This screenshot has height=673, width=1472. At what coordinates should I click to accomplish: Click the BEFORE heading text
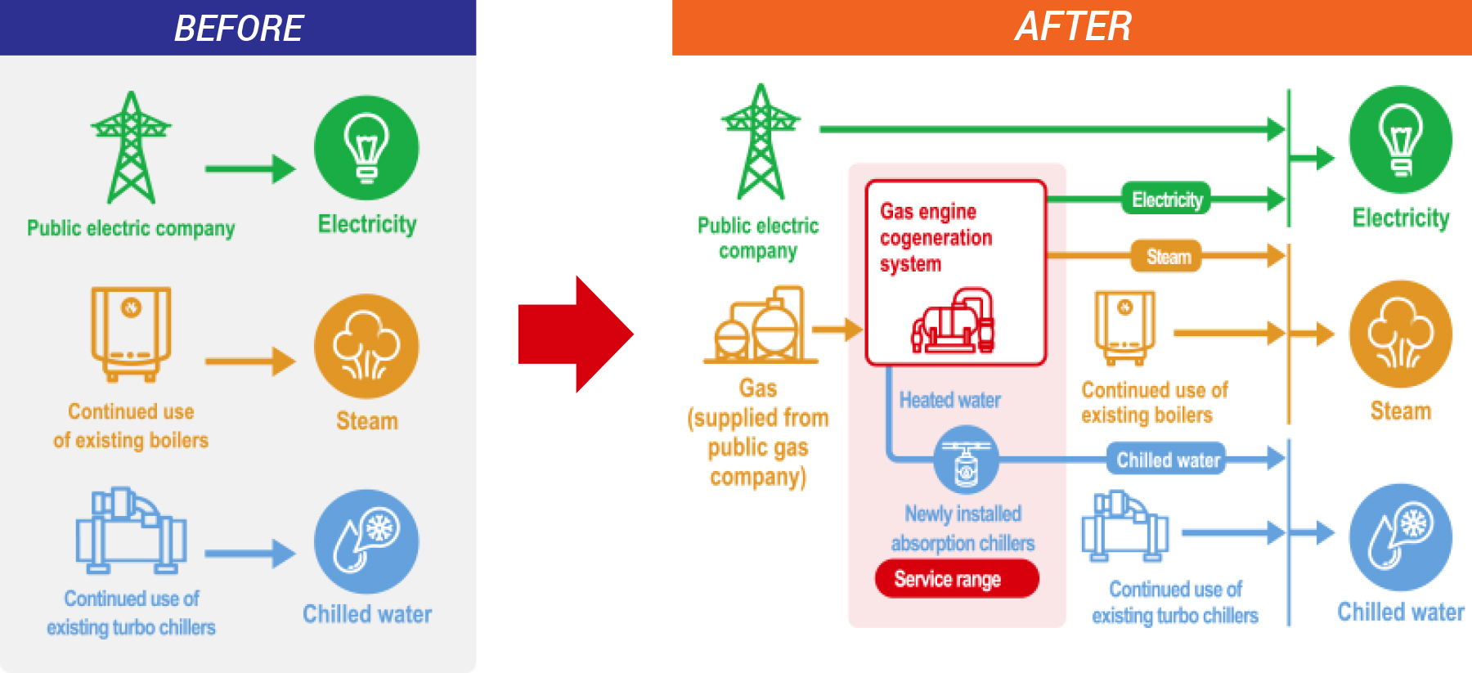[239, 29]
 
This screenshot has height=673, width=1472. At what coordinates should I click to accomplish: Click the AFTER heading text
[1073, 26]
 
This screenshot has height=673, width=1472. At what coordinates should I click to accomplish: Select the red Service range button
[957, 579]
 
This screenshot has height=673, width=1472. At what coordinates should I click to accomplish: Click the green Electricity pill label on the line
[1166, 199]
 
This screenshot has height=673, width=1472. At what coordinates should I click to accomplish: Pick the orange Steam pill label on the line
[1167, 256]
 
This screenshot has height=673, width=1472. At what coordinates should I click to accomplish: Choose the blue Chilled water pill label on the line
[1167, 460]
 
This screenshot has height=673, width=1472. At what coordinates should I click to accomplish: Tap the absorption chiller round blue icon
[966, 460]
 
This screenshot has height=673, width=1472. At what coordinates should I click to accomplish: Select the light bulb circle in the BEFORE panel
[366, 148]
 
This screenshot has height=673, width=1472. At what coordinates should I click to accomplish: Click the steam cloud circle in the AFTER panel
[1401, 334]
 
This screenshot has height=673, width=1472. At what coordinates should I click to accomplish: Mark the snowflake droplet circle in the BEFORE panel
[366, 541]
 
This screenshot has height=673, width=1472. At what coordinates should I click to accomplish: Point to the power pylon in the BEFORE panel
[131, 147]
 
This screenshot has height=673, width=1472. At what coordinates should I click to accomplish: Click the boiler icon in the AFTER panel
[1125, 328]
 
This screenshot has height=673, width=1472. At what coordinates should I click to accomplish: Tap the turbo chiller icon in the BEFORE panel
[131, 530]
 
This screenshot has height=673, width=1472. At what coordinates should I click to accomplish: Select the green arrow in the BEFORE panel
[250, 169]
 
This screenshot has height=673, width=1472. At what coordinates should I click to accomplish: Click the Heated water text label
[950, 400]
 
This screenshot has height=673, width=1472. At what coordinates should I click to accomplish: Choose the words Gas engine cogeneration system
[936, 238]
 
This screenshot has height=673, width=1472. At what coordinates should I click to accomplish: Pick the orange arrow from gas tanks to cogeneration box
[838, 329]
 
